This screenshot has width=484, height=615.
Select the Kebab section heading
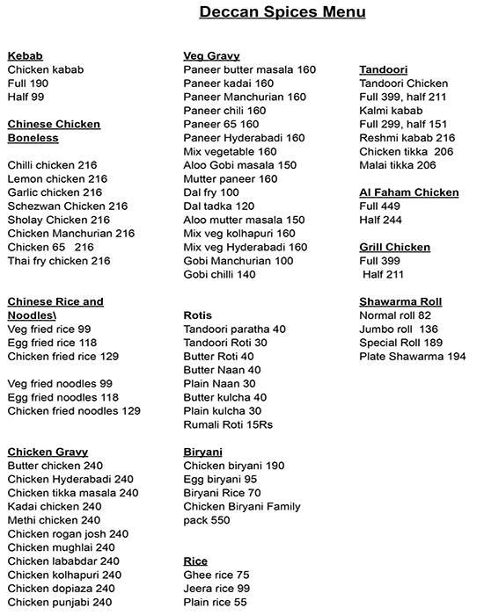coord(25,55)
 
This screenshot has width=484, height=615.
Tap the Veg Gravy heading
coord(212,55)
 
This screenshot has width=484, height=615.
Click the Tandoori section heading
coord(383,69)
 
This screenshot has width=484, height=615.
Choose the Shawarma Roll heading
coord(400,301)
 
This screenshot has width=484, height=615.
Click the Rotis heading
coord(198,315)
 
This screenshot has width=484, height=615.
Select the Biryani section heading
coord(202,452)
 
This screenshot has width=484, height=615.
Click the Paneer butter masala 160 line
coord(249,69)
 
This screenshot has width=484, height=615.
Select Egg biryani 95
coord(220,479)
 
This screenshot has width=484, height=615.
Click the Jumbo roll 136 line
coord(399,329)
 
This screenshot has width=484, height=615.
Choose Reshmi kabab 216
coord(407,138)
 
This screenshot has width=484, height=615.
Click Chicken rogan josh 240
coord(68,533)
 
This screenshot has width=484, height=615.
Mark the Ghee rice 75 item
coord(216,575)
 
